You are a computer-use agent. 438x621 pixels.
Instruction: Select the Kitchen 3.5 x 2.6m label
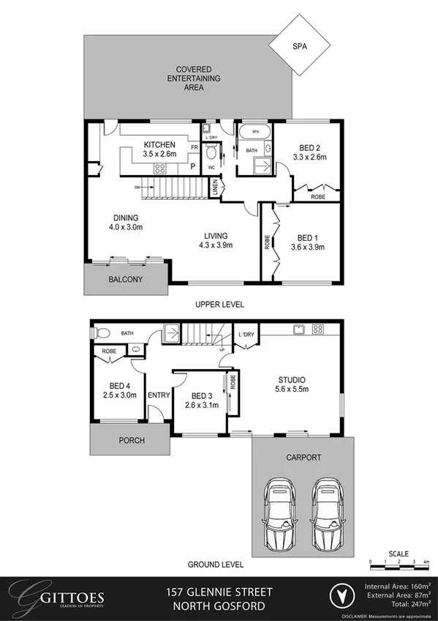159,149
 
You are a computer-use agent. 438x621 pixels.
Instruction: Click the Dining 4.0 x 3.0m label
126,223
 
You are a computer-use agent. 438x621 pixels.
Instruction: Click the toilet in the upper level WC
211,155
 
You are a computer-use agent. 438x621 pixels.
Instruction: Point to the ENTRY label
159,395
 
